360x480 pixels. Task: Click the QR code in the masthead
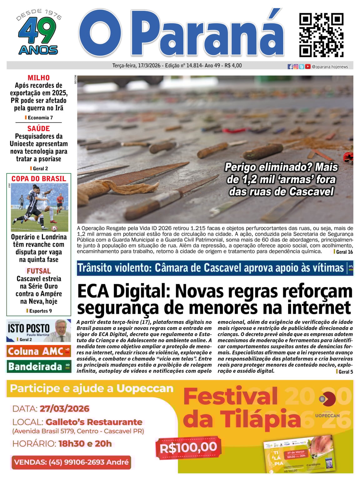click(321, 35)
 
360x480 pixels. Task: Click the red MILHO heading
click(38, 77)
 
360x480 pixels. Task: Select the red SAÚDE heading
click(38, 128)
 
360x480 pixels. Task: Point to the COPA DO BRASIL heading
click(39, 179)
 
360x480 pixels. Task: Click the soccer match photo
click(39, 207)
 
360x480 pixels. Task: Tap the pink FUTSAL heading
click(39, 271)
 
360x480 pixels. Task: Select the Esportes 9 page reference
click(40, 311)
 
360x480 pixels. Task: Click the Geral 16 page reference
click(344, 252)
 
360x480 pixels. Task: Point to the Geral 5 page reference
click(345, 372)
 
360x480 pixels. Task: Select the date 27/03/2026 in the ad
click(65, 409)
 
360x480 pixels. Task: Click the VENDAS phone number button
click(71, 462)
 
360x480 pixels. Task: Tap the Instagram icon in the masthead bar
click(296, 67)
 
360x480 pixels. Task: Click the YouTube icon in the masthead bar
click(308, 67)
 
